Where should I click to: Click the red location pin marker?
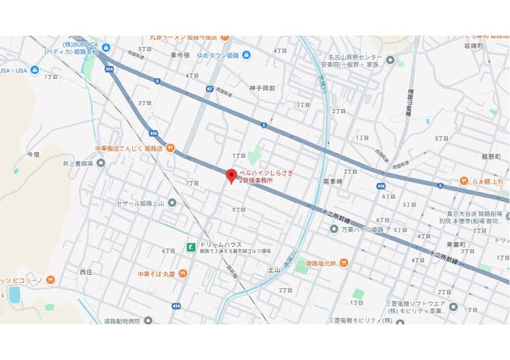click(x=231, y=176)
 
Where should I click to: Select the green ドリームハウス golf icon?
click(x=190, y=247)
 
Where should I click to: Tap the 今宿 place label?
click(x=33, y=153)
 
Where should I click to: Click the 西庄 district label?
click(x=86, y=272)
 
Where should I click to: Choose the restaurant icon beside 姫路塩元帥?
click(x=344, y=263)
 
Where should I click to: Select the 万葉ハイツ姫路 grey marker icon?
click(x=334, y=229)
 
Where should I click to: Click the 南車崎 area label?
click(x=332, y=182)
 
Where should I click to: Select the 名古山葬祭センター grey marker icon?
click(x=390, y=59)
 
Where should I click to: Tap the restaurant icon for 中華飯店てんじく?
click(x=170, y=148)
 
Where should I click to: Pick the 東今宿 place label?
click(x=179, y=55)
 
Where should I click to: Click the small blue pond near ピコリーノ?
click(x=14, y=295)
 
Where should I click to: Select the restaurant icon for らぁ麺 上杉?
click(x=464, y=181)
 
